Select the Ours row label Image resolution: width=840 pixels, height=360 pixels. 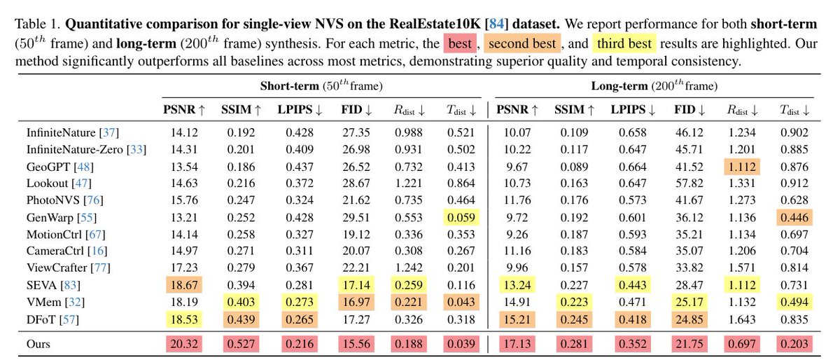(38, 345)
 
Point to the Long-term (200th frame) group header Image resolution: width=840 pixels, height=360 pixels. (654, 87)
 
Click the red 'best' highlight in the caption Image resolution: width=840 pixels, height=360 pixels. (458, 44)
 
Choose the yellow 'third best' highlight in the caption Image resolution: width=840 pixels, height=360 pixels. (624, 44)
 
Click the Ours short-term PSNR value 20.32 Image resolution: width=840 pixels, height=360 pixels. (183, 345)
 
